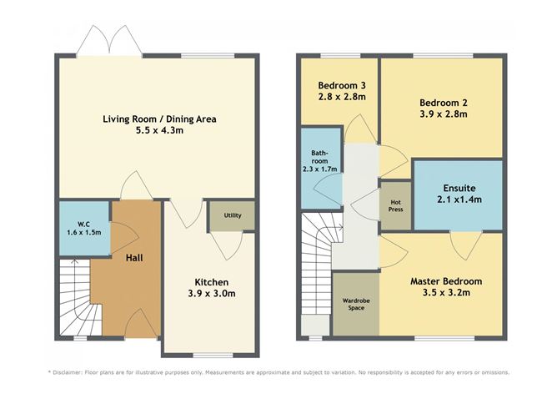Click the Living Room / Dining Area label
[x=159, y=119]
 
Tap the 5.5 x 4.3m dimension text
[x=159, y=132]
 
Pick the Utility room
[x=233, y=215]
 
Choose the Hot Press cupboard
[x=395, y=205]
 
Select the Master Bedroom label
[x=445, y=281]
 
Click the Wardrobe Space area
[x=356, y=304]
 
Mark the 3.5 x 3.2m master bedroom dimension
[x=445, y=294]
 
